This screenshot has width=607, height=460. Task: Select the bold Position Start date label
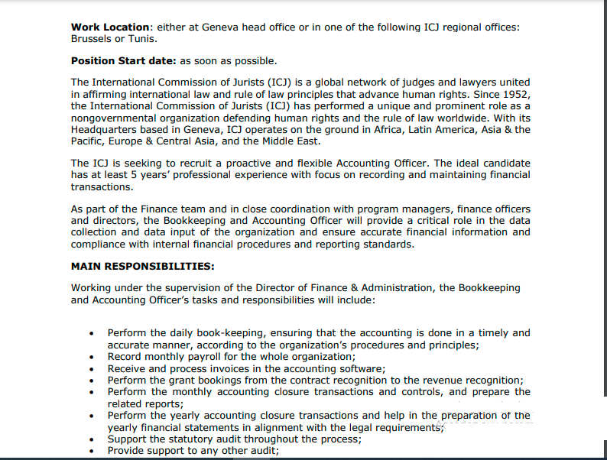(123, 60)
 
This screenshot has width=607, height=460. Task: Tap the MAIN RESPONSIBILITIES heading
(142, 266)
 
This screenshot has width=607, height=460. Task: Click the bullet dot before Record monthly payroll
(92, 357)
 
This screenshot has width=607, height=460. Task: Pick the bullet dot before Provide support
(92, 452)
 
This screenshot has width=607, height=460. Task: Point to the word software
(359, 368)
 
